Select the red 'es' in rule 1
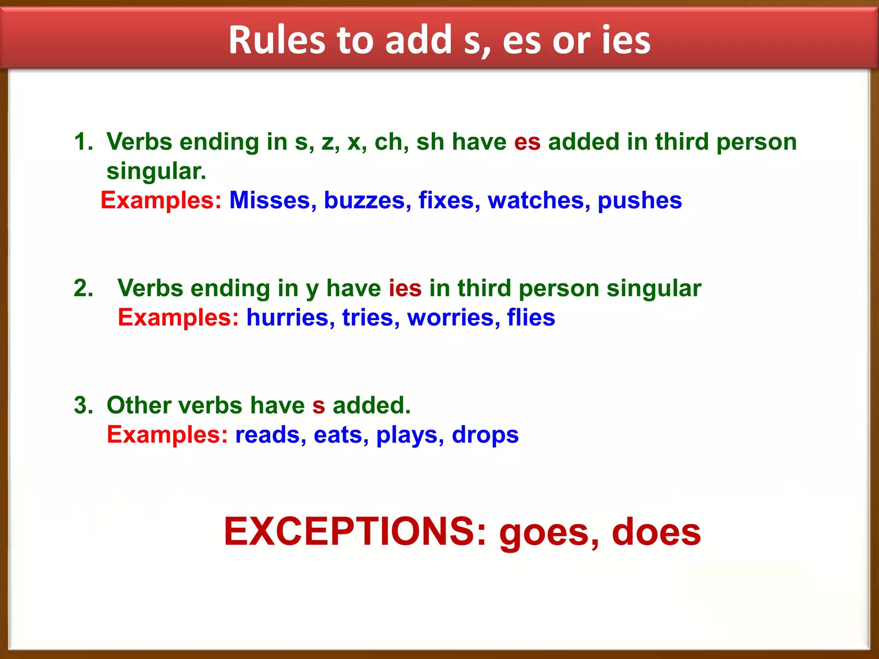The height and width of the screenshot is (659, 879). point(527,142)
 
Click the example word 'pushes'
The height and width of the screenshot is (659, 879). point(640,200)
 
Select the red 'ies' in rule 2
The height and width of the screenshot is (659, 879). point(405,288)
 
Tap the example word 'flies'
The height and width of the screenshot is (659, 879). point(531,318)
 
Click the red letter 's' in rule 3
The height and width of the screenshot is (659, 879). point(318,406)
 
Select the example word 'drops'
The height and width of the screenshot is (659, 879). point(485,435)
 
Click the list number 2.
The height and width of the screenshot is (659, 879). point(83,288)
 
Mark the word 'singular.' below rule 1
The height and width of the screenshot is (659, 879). point(156,171)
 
